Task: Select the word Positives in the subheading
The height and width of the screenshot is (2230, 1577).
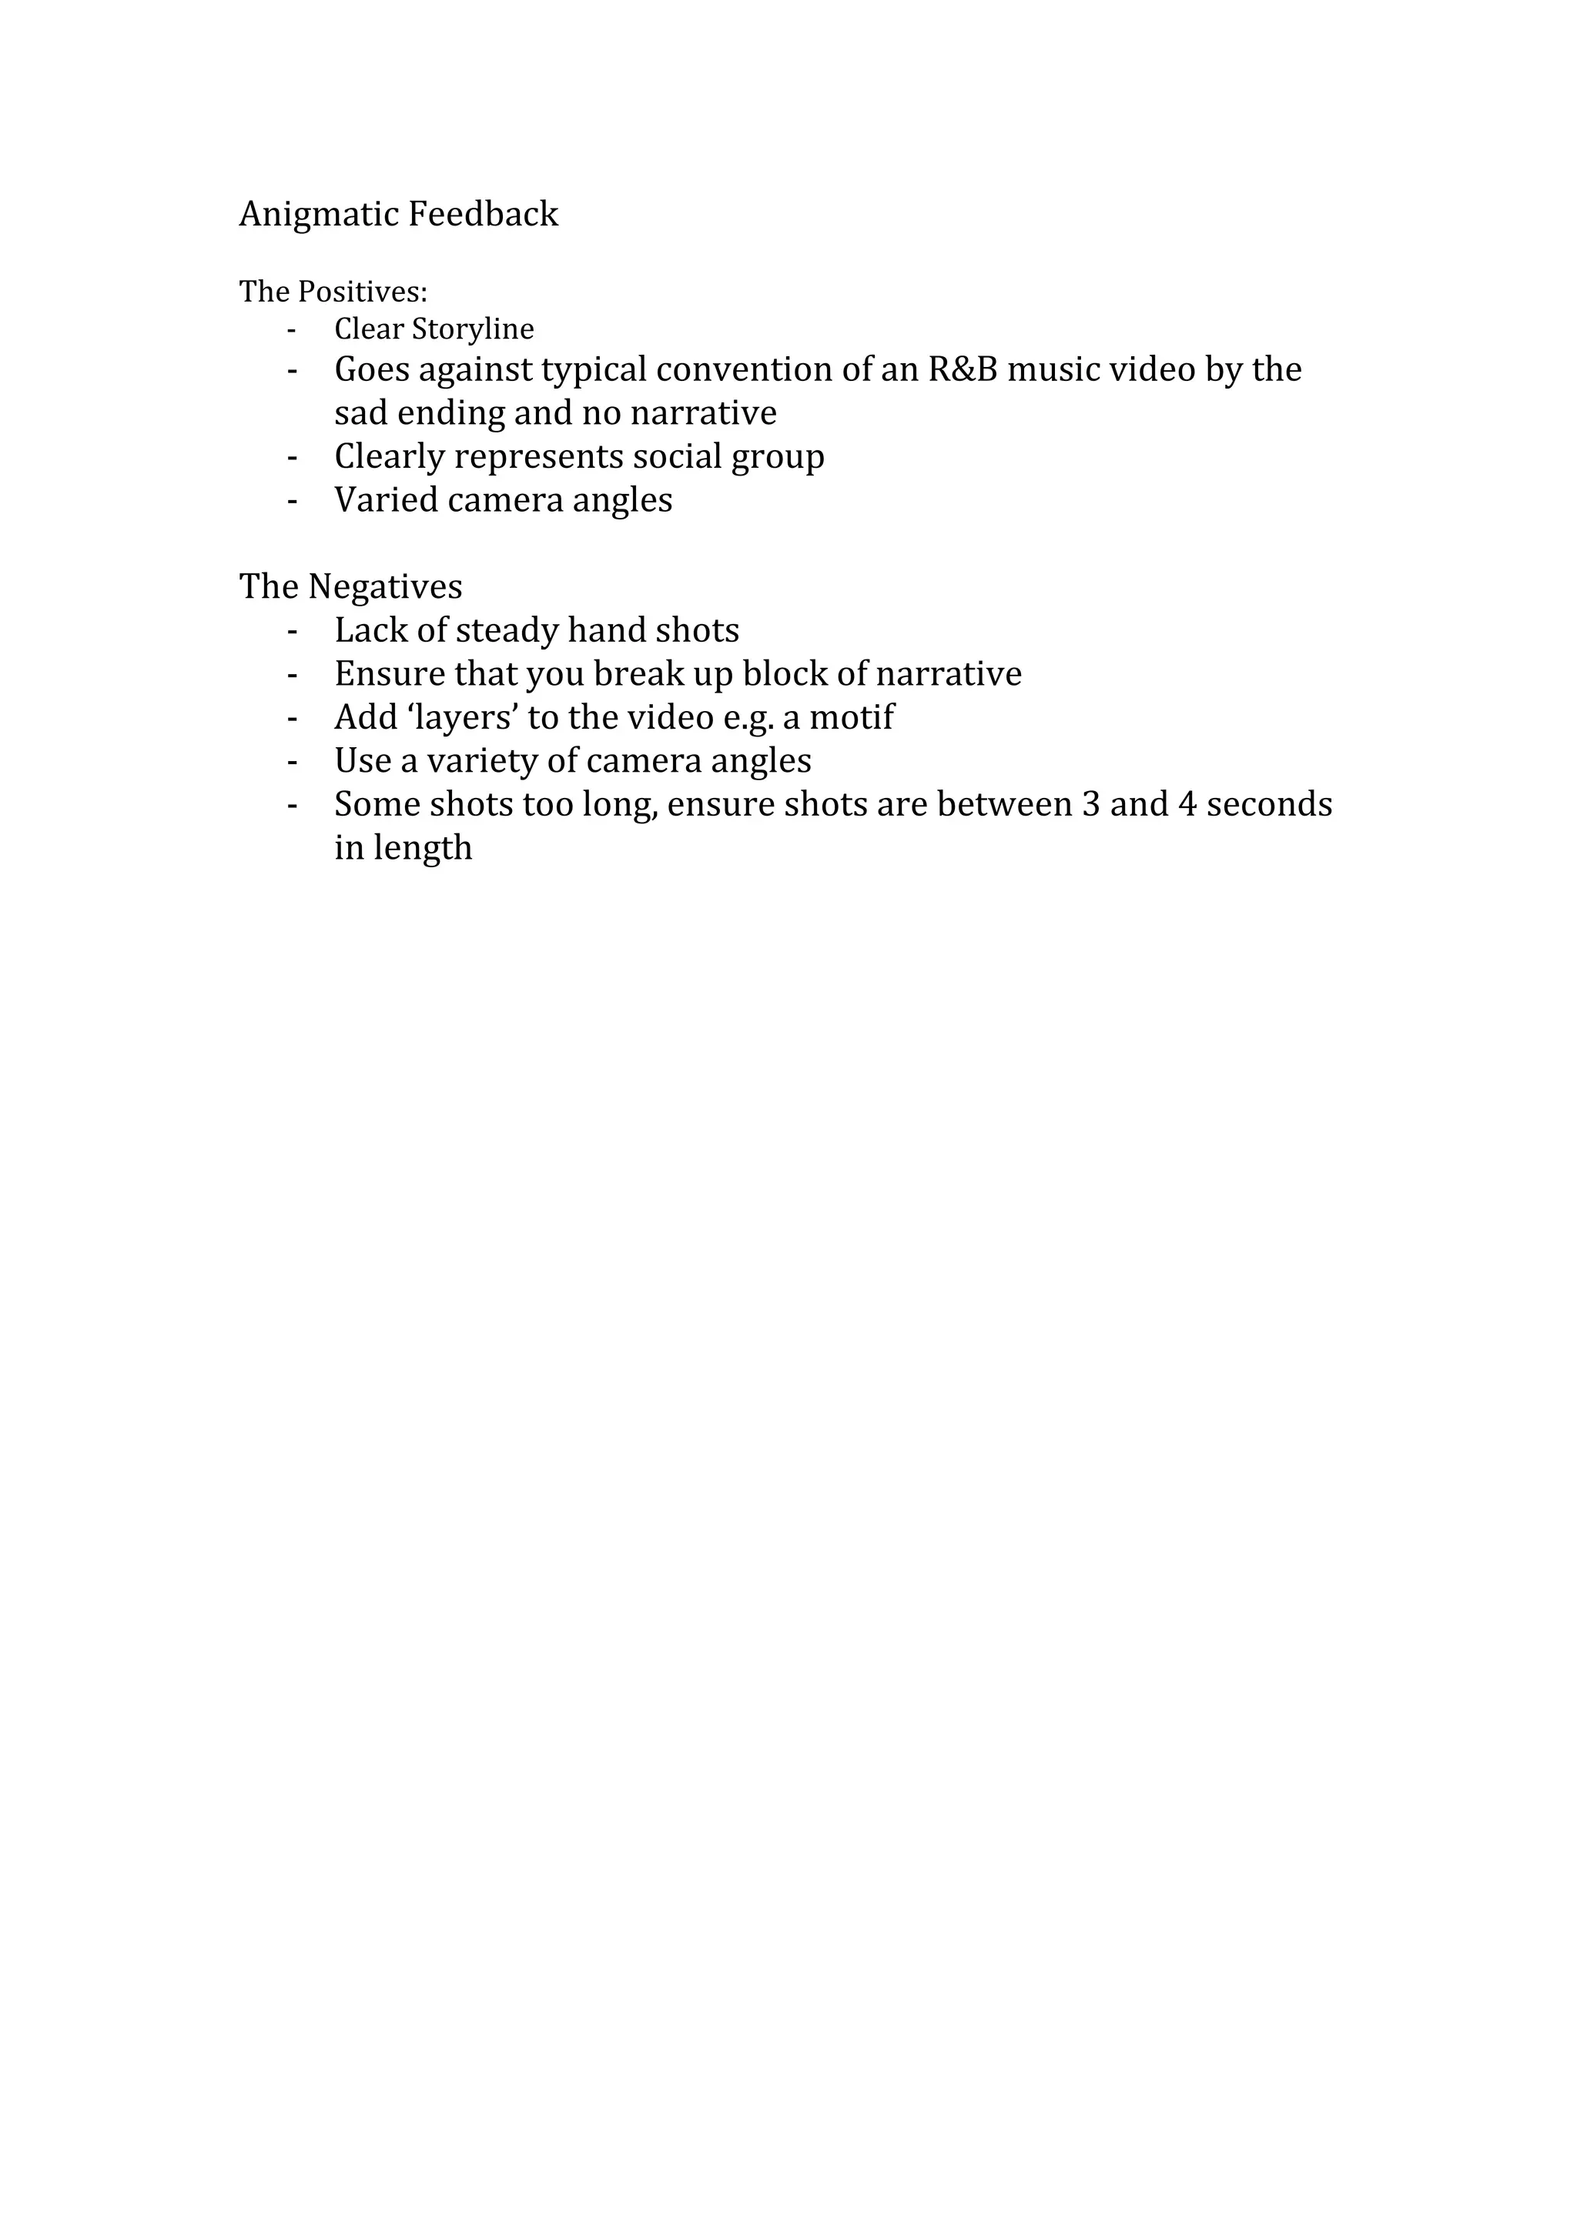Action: point(361,292)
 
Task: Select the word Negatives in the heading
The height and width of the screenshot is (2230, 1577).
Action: point(385,586)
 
